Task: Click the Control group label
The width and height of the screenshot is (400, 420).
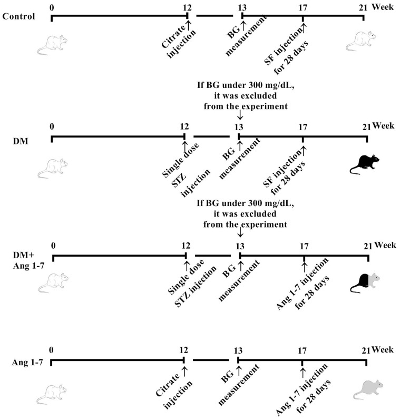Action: click(x=18, y=15)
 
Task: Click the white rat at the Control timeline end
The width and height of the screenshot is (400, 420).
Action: click(x=365, y=40)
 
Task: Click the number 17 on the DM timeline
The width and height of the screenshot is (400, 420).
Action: click(x=303, y=127)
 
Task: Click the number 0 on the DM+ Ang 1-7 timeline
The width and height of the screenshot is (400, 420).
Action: click(x=53, y=245)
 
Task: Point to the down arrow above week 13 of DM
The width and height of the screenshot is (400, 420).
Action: click(x=240, y=114)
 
